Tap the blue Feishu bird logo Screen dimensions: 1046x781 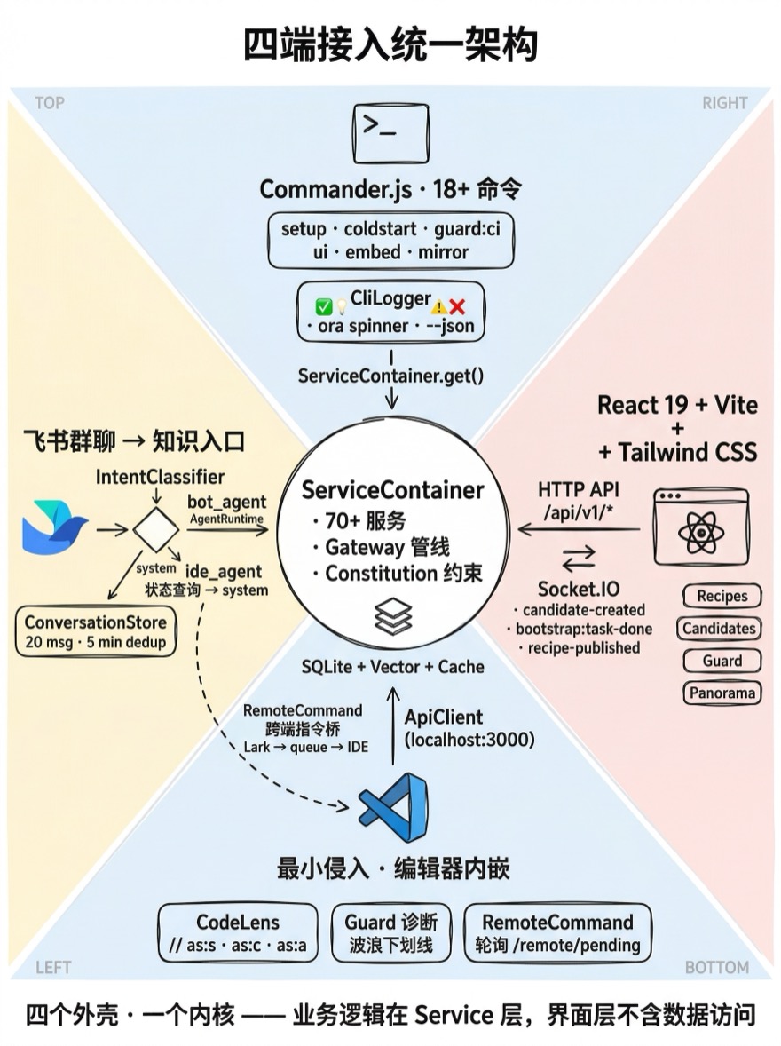click(x=54, y=528)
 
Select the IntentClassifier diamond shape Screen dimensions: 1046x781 click(x=156, y=530)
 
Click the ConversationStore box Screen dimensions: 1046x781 click(x=96, y=631)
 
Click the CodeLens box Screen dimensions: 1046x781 click(x=237, y=933)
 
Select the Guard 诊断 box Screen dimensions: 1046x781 click(x=391, y=933)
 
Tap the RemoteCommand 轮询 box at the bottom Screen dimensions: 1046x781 click(x=557, y=933)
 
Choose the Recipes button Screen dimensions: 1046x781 click(x=722, y=597)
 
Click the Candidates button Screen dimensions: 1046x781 click(x=719, y=629)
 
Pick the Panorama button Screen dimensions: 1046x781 click(x=722, y=693)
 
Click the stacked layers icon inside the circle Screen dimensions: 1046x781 click(x=393, y=616)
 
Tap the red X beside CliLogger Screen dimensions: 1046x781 click(x=457, y=306)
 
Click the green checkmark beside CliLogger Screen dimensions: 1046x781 click(x=323, y=307)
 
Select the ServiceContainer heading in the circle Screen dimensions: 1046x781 click(x=393, y=490)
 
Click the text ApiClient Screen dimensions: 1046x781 click(x=444, y=717)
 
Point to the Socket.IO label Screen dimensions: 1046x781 click(x=579, y=590)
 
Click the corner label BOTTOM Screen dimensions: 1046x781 click(x=717, y=967)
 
